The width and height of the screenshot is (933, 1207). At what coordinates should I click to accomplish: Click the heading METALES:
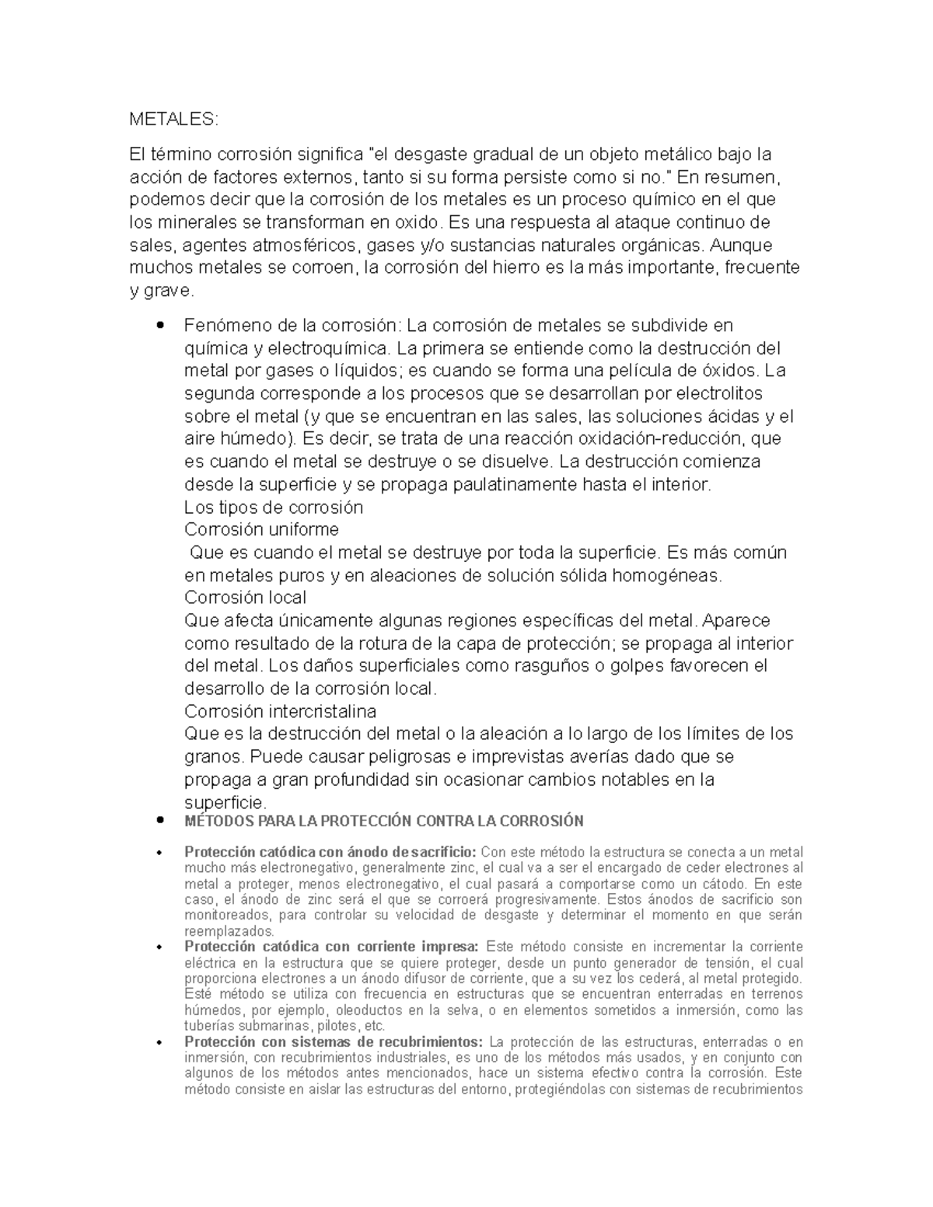[x=174, y=120]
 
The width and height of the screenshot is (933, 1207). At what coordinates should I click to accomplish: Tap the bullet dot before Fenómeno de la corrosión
[x=160, y=325]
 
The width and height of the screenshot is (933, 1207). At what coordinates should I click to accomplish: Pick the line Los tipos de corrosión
[x=274, y=508]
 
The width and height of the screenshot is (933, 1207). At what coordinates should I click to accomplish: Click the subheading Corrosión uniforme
[x=261, y=530]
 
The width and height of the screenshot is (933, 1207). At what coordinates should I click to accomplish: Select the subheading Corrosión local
[x=245, y=598]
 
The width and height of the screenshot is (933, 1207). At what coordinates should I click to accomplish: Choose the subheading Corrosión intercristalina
[x=280, y=711]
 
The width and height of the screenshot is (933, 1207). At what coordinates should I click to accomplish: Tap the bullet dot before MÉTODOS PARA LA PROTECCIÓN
[x=160, y=820]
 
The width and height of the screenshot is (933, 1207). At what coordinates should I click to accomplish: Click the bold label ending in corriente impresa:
[x=330, y=947]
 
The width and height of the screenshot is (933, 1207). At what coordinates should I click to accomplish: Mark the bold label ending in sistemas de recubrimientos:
[x=334, y=1042]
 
